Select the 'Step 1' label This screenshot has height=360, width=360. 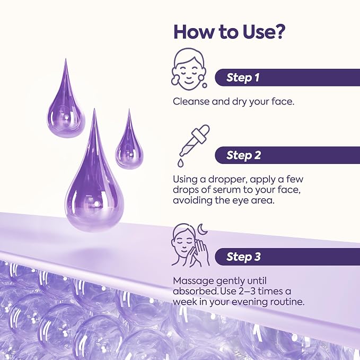click(243, 77)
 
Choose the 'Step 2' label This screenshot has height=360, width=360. click(243, 155)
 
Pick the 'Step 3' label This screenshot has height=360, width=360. click(243, 257)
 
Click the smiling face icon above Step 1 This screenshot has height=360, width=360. click(189, 69)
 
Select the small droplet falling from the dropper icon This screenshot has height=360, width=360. click(180, 163)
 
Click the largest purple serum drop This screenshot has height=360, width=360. click(94, 183)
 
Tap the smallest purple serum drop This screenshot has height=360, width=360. click(129, 145)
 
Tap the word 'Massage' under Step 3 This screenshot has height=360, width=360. click(194, 281)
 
